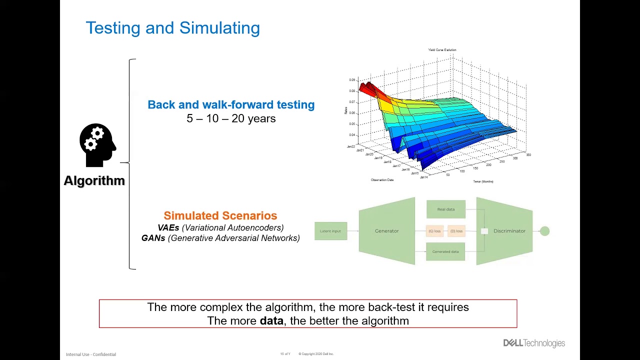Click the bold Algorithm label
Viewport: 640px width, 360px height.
point(94,180)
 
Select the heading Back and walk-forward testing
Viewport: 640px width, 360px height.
point(231,104)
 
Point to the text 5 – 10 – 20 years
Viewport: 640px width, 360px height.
point(231,118)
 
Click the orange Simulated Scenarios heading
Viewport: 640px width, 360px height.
point(220,215)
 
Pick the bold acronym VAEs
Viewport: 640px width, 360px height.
point(168,227)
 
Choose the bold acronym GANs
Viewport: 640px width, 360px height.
point(153,238)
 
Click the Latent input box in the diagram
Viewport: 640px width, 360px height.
point(330,231)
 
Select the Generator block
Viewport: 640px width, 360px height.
point(386,231)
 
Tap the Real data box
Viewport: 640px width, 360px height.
point(445,209)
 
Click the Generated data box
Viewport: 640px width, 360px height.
point(445,251)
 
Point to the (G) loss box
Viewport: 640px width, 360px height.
point(434,231)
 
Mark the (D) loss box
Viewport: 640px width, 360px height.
point(456,231)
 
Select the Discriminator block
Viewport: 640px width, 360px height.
point(508,231)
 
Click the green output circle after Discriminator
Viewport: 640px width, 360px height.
point(544,231)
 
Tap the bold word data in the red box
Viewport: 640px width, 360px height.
point(271,321)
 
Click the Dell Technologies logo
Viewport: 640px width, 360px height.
point(534,343)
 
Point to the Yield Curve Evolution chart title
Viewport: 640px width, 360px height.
point(442,50)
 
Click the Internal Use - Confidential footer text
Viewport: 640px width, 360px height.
point(91,354)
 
